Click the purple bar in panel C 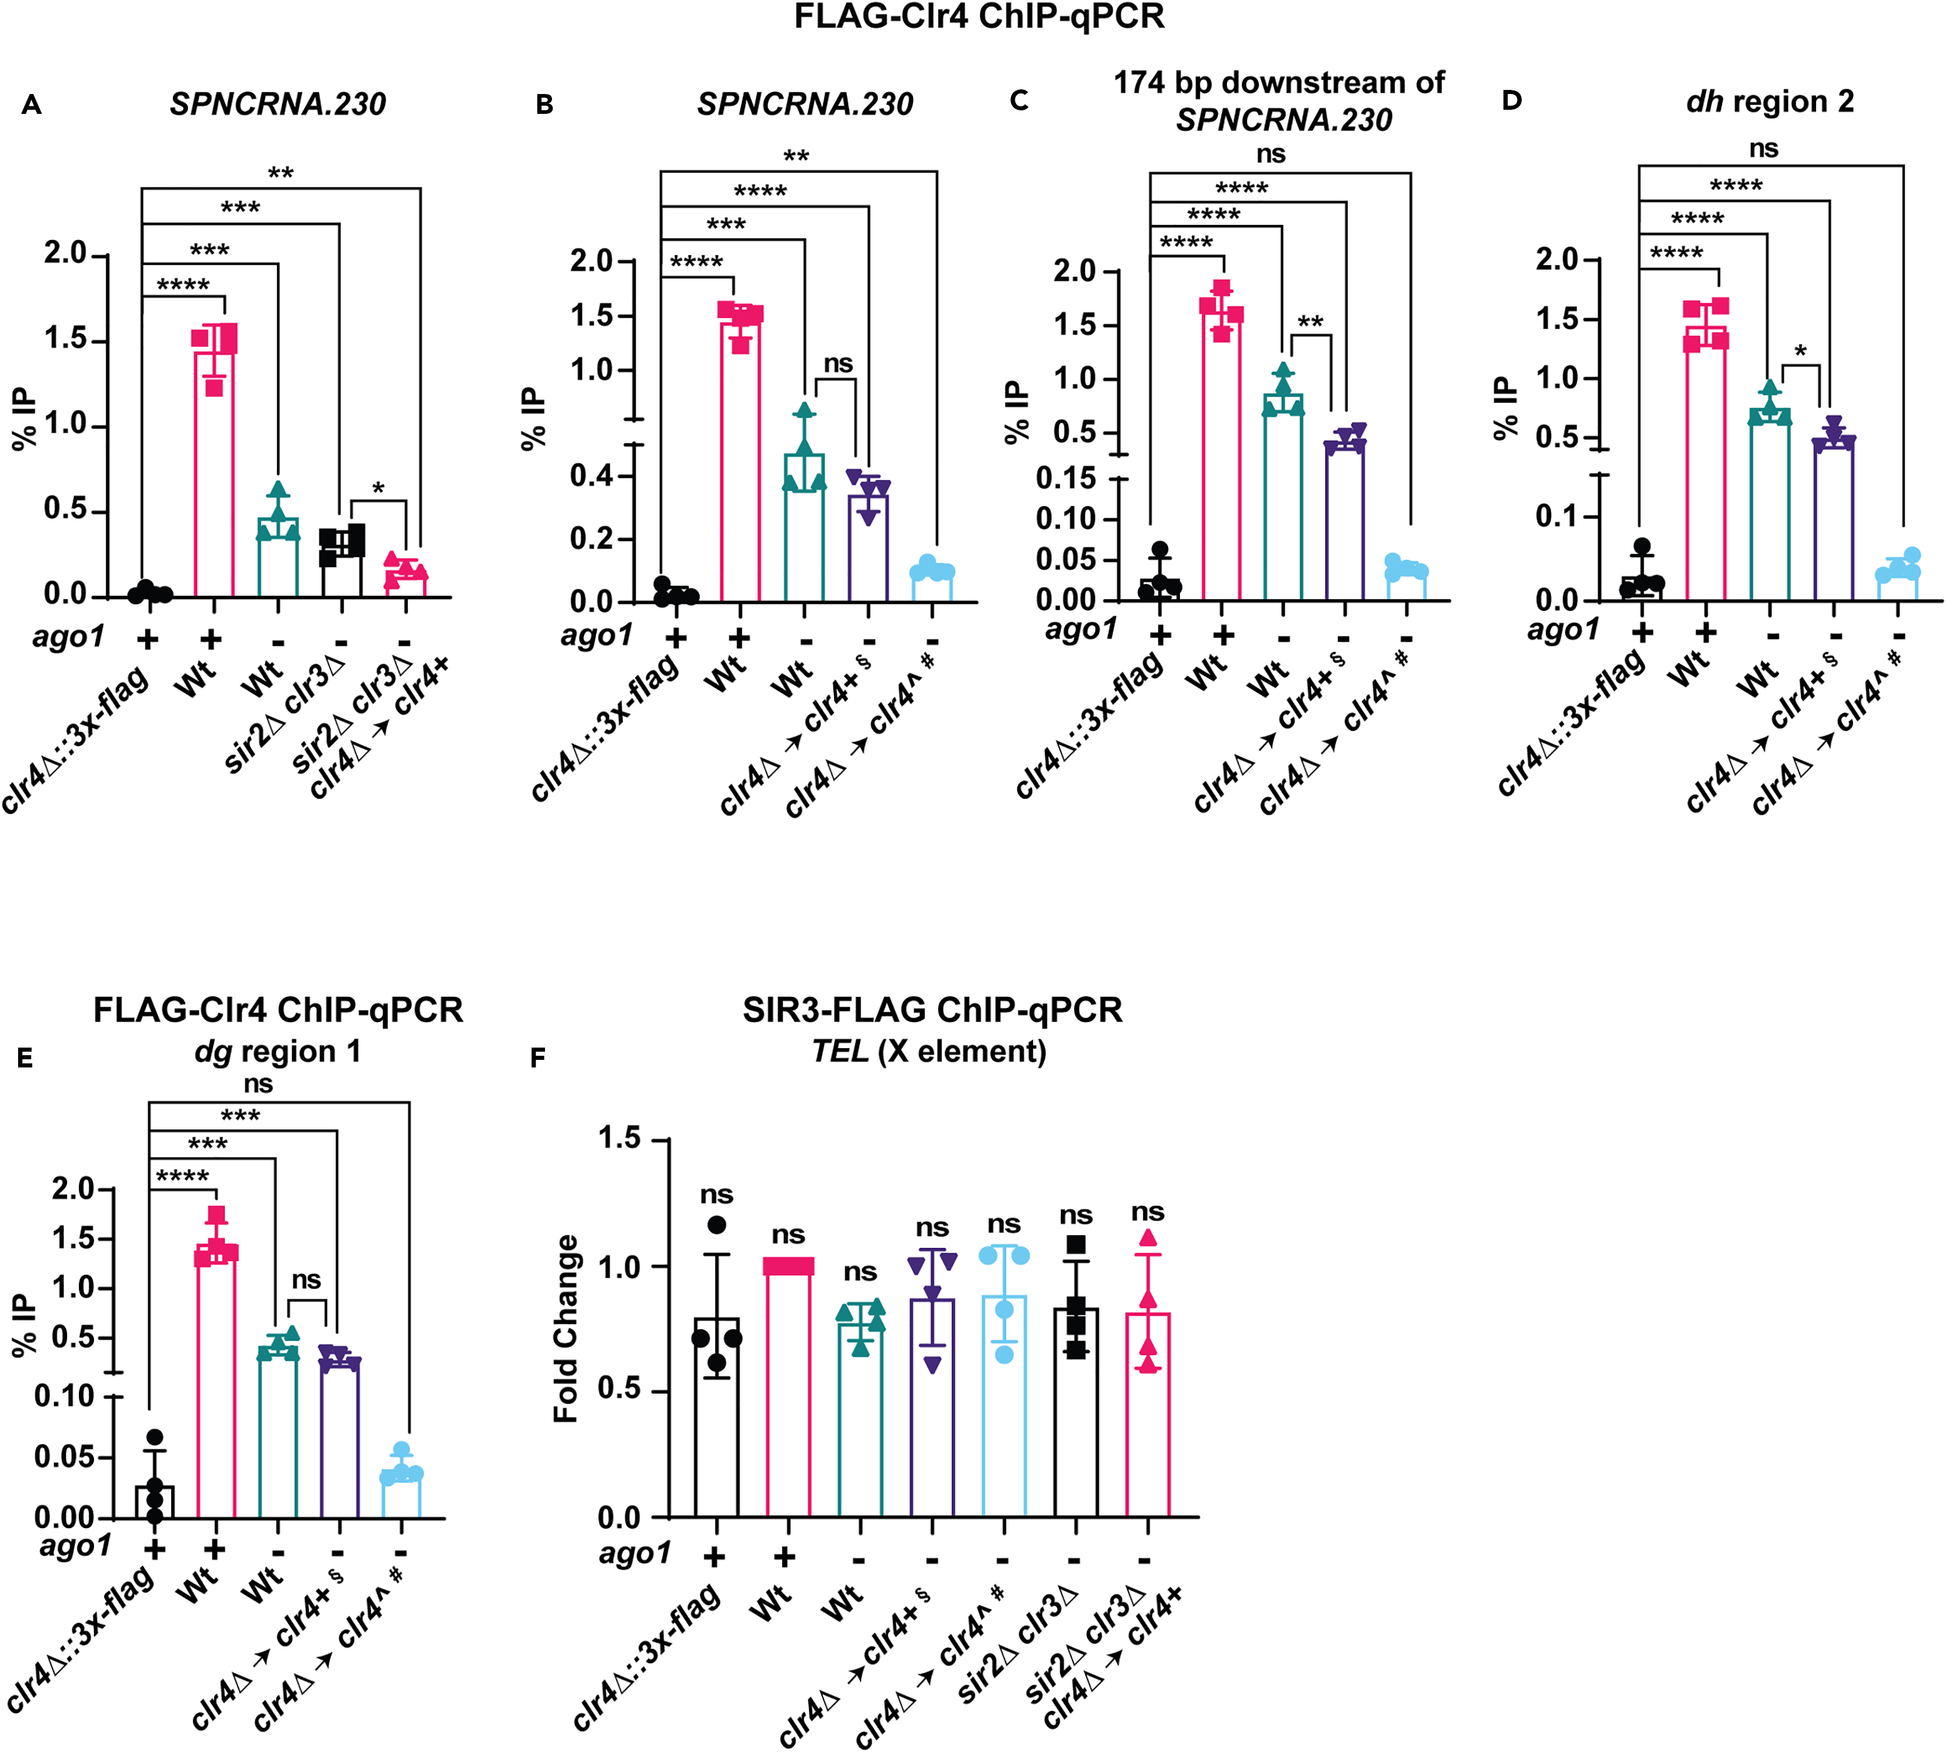[x=1344, y=520]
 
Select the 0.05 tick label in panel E [x=64, y=1456]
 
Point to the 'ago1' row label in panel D [x=1563, y=630]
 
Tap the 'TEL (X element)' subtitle [x=929, y=1051]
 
